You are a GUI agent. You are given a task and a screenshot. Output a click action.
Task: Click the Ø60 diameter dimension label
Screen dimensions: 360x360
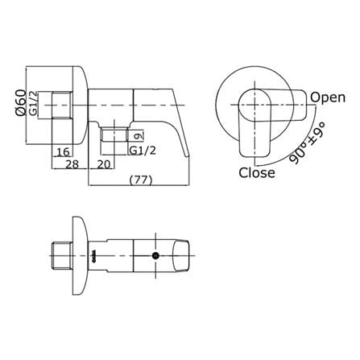coord(21,102)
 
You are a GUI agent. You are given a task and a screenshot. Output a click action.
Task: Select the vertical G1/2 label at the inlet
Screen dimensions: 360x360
coord(33,104)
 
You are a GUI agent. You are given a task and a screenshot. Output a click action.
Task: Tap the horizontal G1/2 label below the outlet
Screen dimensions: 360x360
coord(142,151)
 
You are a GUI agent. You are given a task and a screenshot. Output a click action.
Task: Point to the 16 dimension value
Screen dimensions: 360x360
coord(64,152)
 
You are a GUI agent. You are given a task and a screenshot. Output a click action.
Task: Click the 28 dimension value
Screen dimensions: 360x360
coord(72,164)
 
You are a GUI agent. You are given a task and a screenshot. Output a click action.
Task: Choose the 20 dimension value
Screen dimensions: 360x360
coord(104,164)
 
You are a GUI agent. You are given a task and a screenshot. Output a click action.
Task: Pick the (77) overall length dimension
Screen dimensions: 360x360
coord(141,180)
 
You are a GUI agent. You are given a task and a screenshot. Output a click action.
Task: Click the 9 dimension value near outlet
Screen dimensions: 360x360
coord(138,136)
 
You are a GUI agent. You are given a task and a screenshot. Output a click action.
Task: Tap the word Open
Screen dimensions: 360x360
coord(328,98)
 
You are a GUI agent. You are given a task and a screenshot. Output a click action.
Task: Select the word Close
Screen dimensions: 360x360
coord(257,172)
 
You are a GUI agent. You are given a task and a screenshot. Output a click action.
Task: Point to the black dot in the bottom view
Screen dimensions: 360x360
coord(155,255)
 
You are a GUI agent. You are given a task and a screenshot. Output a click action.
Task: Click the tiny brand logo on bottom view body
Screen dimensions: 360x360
coord(93,256)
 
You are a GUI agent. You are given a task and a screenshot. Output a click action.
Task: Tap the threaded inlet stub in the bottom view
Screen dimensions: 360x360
coord(62,255)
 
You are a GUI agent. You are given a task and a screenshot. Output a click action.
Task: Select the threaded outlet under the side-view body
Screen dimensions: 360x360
coord(114,134)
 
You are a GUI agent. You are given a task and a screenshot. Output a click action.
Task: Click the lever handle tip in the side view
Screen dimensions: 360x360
coord(187,155)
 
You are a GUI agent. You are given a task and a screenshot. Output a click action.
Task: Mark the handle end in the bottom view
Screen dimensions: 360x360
coord(181,255)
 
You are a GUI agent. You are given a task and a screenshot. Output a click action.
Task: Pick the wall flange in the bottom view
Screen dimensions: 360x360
coord(80,255)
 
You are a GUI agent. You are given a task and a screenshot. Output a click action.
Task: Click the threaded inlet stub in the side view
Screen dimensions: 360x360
coord(62,105)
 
